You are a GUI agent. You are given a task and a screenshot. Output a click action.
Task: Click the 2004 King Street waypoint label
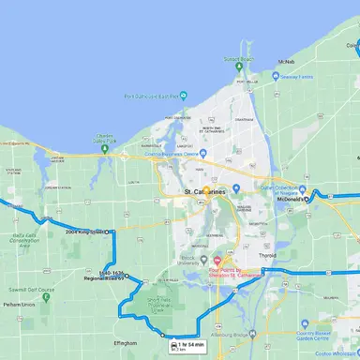click(x=84, y=232)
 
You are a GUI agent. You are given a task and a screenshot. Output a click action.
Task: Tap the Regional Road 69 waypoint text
click(x=103, y=277)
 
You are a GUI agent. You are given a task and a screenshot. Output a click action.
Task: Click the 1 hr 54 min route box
click(x=187, y=347)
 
